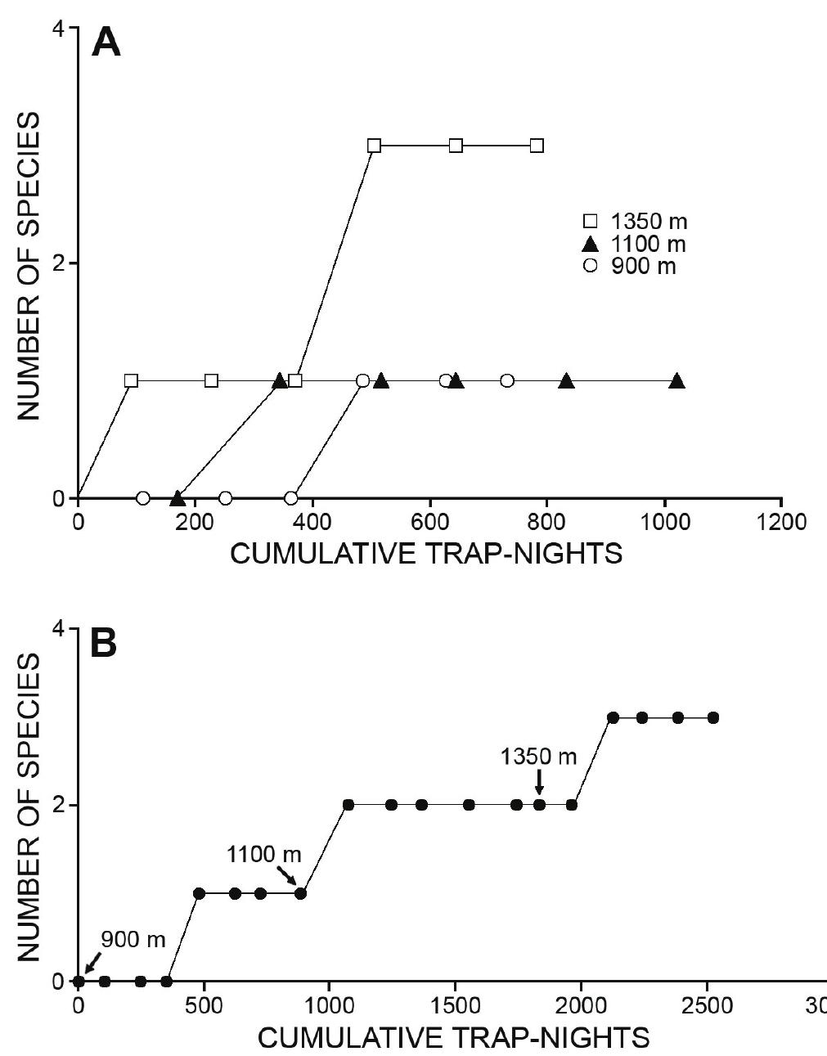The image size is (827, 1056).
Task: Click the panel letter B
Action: [103, 644]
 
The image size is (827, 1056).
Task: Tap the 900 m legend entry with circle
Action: [630, 266]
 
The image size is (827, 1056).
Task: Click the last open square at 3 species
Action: [537, 146]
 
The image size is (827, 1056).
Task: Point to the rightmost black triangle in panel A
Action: [676, 381]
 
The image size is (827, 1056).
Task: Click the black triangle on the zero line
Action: [178, 497]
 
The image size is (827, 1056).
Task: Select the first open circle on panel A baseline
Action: [143, 498]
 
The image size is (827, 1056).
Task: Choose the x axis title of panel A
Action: [426, 555]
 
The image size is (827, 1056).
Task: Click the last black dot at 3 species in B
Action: [712, 717]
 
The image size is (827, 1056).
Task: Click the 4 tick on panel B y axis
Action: [58, 628]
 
